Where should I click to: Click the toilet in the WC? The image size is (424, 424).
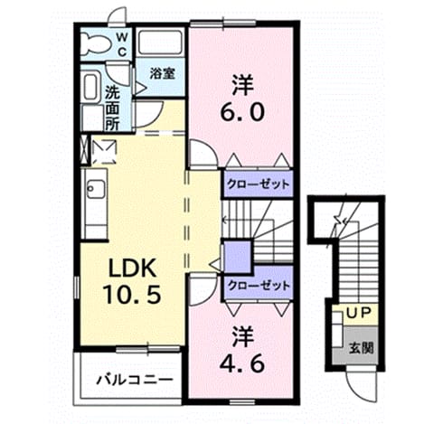click(x=95, y=43)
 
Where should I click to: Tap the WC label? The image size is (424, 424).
click(x=122, y=45)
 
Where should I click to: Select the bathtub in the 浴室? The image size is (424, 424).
click(x=160, y=42)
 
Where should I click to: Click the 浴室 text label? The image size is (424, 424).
click(x=163, y=74)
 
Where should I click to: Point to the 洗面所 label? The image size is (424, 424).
click(x=112, y=108)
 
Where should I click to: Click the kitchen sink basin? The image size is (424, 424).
click(x=96, y=189)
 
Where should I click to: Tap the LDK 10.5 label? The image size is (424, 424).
click(x=132, y=281)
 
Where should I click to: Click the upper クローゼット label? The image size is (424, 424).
click(x=259, y=184)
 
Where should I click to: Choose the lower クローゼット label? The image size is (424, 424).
click(x=259, y=285)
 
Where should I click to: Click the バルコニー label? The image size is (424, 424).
click(x=135, y=380)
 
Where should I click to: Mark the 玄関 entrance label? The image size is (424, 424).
click(x=362, y=348)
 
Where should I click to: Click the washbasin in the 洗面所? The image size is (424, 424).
click(x=90, y=87)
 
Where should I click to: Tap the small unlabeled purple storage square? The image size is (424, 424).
click(x=238, y=257)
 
